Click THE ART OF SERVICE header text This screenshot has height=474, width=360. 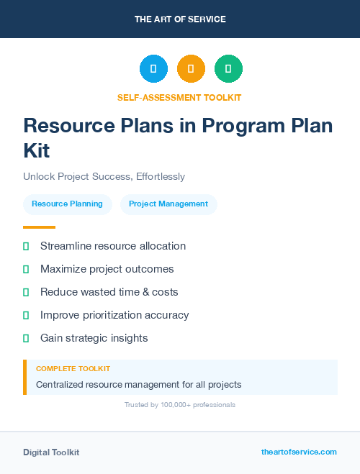(180, 19)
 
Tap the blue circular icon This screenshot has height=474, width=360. (153, 69)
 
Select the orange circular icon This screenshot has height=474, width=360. (191, 69)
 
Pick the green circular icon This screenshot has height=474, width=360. (228, 69)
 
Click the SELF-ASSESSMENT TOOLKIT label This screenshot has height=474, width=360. (180, 97)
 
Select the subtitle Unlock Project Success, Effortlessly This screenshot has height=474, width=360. (104, 176)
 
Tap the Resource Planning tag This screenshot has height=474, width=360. (67, 204)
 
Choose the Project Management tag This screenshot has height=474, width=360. (168, 204)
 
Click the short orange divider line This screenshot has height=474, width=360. (39, 227)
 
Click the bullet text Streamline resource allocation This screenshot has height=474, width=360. (113, 246)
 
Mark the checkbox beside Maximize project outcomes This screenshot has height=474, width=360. (26, 269)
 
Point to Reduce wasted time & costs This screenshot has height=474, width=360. (109, 292)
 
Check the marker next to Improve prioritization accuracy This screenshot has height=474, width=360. (26, 315)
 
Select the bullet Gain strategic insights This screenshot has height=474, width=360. (94, 337)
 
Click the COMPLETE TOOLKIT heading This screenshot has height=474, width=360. (73, 368)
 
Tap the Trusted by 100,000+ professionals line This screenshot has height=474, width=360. (180, 405)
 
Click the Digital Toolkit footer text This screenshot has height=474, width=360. (51, 452)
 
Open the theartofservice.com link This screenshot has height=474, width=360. (299, 452)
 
